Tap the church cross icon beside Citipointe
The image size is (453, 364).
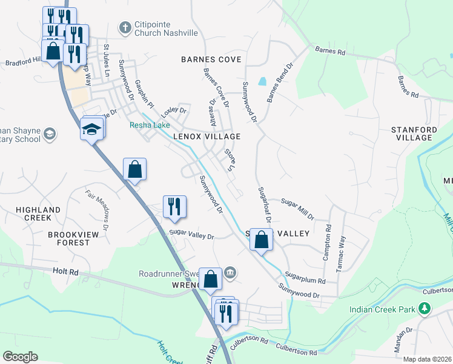pyautogui.click(x=125, y=27)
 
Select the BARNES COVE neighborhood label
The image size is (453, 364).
pyautogui.click(x=211, y=59)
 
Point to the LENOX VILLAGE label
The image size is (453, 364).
pyautogui.click(x=206, y=137)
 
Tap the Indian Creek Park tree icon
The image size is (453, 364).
pyautogui.click(x=425, y=309)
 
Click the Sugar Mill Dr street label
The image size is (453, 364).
pyautogui.click(x=297, y=208)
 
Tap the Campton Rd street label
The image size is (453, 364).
pyautogui.click(x=327, y=243)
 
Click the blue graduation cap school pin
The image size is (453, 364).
pyautogui.click(x=92, y=129)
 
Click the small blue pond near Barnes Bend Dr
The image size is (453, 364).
pyautogui.click(x=262, y=81)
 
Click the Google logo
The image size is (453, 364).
pyautogui.click(x=20, y=357)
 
